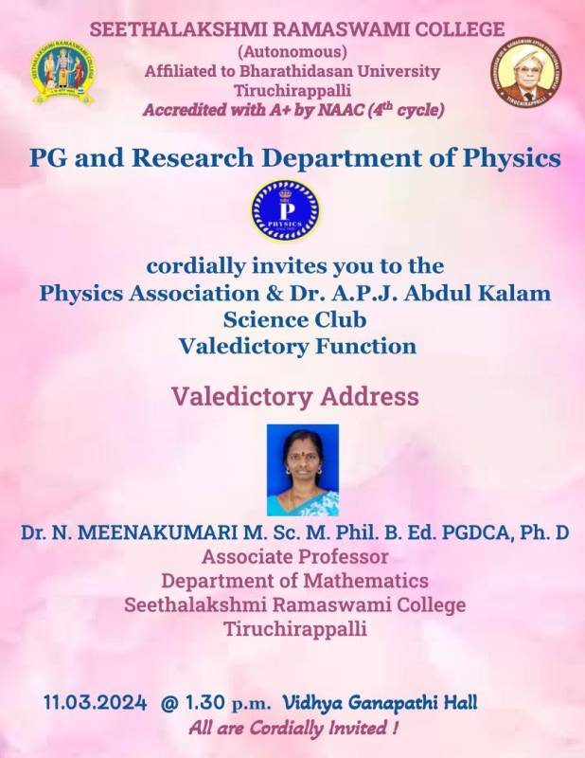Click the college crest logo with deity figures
click(x=62, y=73)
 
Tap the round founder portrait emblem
click(x=526, y=72)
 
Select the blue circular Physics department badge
click(x=285, y=209)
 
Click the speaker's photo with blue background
click(x=303, y=470)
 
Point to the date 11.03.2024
click(x=96, y=702)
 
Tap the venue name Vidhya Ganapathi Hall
click(x=380, y=702)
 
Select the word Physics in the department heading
click(x=511, y=158)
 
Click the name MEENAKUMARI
click(x=157, y=532)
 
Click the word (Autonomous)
click(x=292, y=51)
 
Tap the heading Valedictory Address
click(x=295, y=396)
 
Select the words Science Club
click(x=294, y=319)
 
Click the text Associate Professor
click(x=294, y=556)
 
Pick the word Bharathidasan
click(x=302, y=72)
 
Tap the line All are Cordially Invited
click(x=293, y=728)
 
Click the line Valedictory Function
click(x=297, y=346)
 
